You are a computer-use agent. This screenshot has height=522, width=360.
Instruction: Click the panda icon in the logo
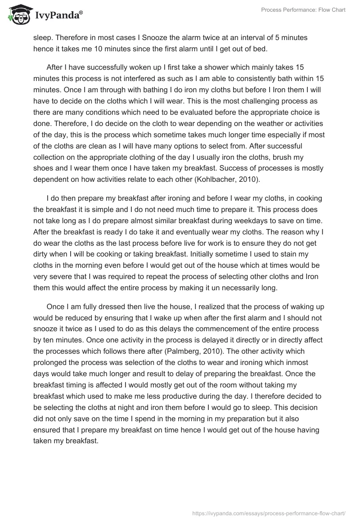pyautogui.click(x=17, y=16)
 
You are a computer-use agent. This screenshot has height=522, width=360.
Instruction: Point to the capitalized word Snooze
pyautogui.click(x=147, y=38)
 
